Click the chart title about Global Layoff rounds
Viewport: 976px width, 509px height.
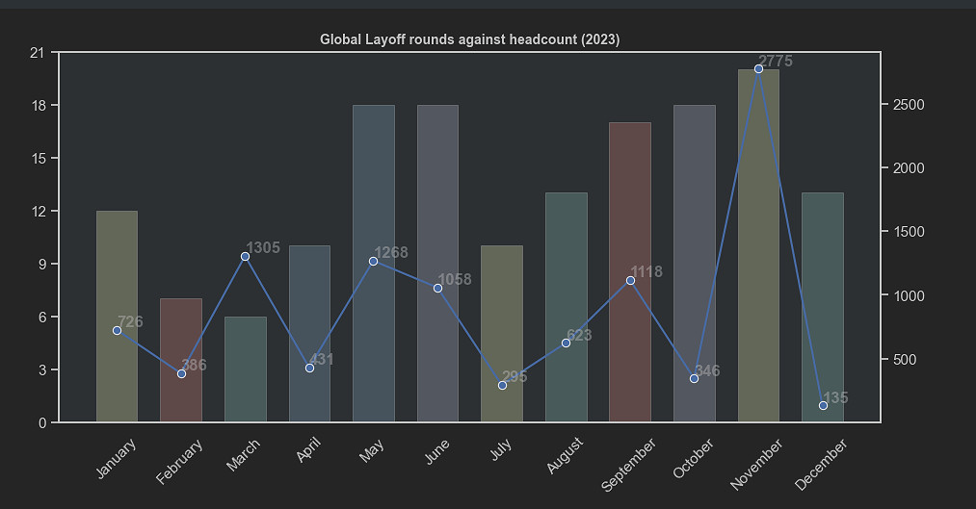(x=469, y=39)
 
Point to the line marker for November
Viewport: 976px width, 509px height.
(x=758, y=68)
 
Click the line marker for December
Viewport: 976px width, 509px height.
(x=823, y=405)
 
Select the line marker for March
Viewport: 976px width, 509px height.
(x=245, y=256)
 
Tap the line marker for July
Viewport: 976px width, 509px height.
(x=502, y=385)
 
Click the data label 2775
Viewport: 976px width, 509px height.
(x=776, y=62)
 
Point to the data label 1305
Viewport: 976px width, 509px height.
(x=263, y=248)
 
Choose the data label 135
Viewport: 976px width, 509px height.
(x=835, y=397)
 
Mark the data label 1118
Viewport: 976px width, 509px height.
(x=646, y=272)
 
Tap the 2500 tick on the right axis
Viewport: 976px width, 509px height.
(x=906, y=104)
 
